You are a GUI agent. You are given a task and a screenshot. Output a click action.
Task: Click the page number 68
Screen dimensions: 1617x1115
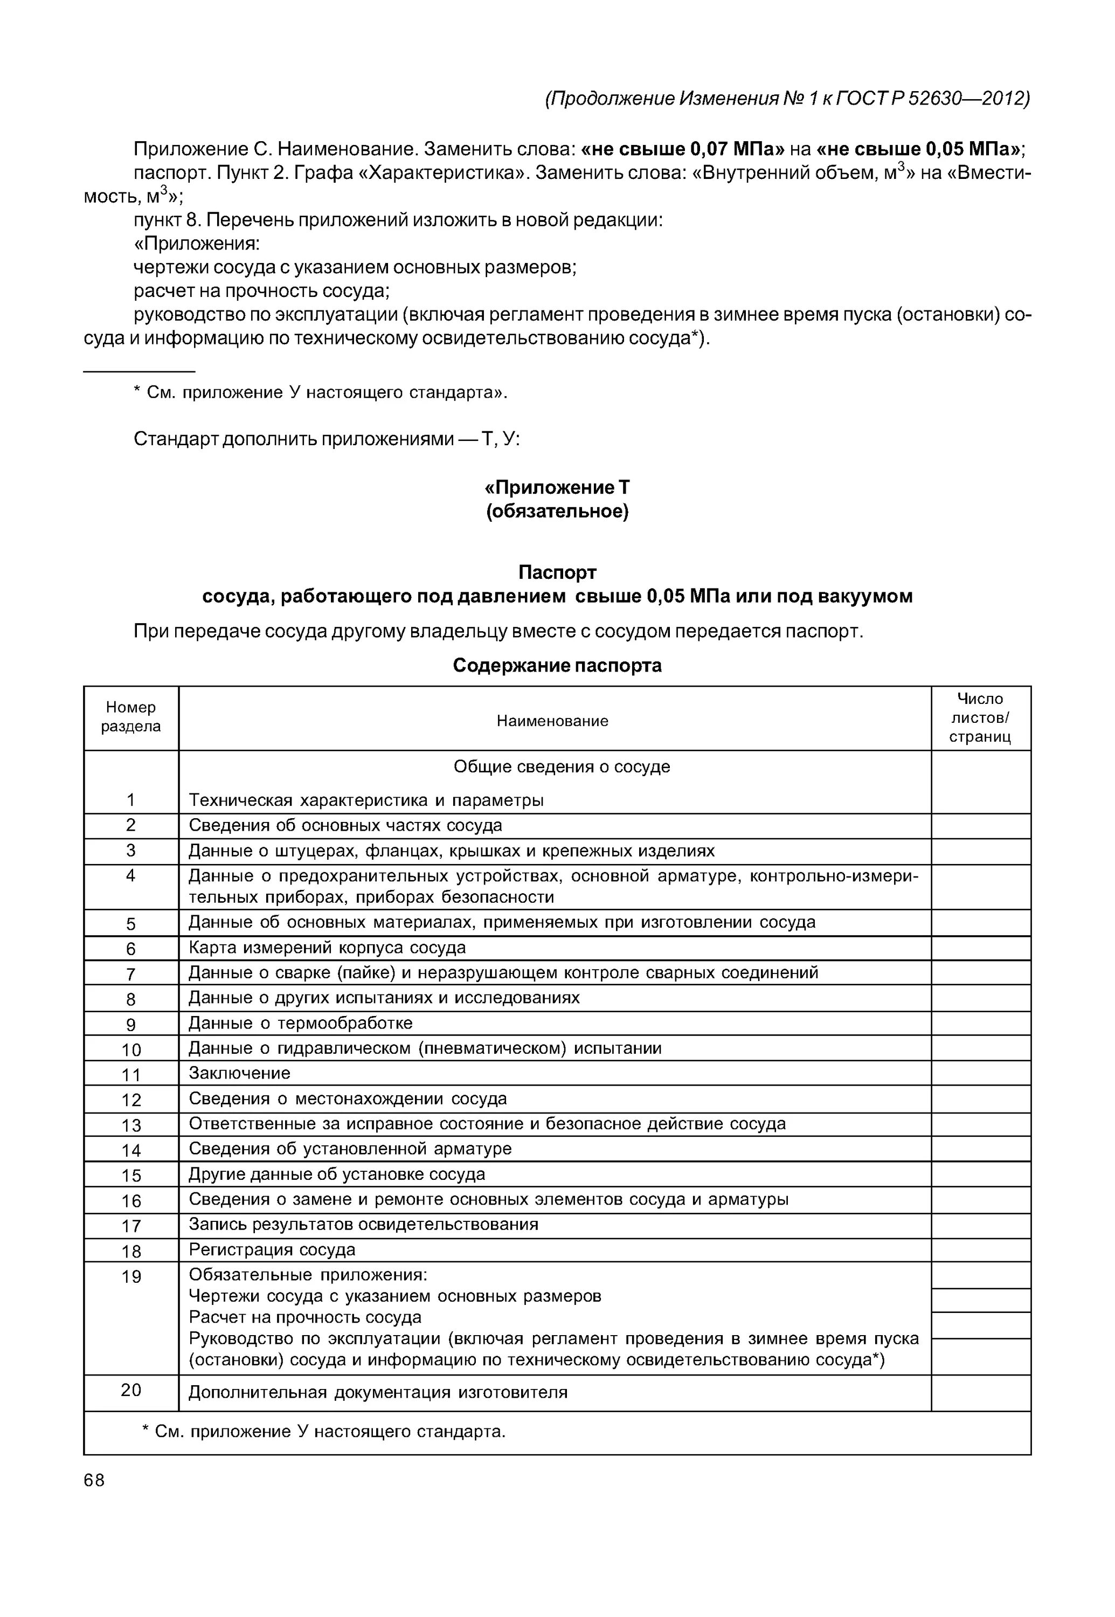[x=94, y=1481]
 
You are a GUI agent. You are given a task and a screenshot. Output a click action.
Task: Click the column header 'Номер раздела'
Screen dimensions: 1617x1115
[x=130, y=717]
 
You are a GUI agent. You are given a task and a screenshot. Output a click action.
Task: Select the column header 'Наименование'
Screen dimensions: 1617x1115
[x=552, y=721]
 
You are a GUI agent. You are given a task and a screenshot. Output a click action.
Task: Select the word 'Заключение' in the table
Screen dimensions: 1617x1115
[x=240, y=1073]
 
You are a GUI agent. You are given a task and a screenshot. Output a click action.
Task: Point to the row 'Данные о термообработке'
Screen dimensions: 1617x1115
[x=300, y=1023]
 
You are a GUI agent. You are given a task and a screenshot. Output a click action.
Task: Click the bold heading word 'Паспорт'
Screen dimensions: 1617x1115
[x=557, y=572]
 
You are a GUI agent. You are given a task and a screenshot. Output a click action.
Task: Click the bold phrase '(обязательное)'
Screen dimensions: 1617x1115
[x=557, y=512]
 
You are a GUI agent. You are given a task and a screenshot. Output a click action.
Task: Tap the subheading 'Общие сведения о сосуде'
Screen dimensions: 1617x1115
[x=561, y=766]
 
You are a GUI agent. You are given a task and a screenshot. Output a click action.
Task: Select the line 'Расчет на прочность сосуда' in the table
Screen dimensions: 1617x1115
[x=306, y=1317]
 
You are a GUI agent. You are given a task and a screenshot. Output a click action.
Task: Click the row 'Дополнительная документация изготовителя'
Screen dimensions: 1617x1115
[x=378, y=1392]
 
